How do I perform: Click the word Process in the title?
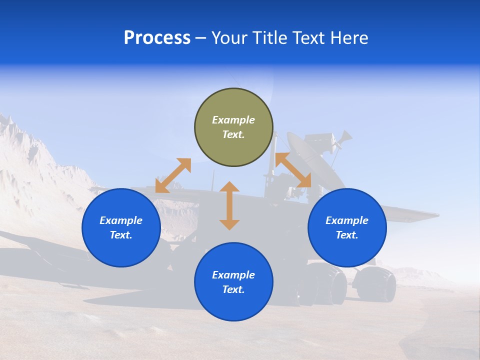157,38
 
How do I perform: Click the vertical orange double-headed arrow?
229,205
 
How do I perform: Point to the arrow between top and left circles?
173,175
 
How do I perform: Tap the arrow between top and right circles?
293,170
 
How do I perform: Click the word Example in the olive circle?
233,120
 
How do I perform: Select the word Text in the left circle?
121,235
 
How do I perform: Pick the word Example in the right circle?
347,220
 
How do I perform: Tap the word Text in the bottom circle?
233,289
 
